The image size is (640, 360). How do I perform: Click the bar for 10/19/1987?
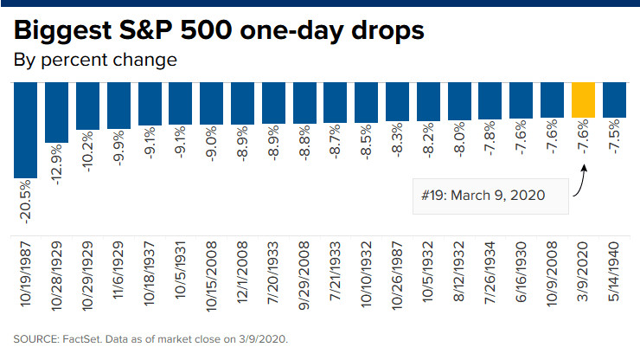[x=25, y=130]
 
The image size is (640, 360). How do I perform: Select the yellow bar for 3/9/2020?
[x=583, y=100]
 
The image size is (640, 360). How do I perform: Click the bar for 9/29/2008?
[x=304, y=104]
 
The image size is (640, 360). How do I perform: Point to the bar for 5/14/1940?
[x=614, y=100]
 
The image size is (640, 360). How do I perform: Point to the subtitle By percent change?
[x=95, y=61]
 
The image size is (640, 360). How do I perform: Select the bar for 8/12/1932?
[x=459, y=101]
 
